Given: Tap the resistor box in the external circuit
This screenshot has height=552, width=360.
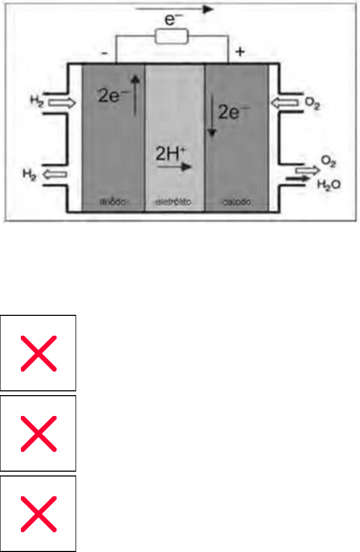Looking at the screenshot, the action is coord(171,37).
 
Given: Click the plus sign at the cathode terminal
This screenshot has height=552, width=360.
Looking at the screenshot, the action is coord(239,52).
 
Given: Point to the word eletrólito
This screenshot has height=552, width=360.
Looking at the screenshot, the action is coord(174,201).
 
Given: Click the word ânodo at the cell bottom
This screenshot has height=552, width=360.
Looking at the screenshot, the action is coord(112,201).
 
